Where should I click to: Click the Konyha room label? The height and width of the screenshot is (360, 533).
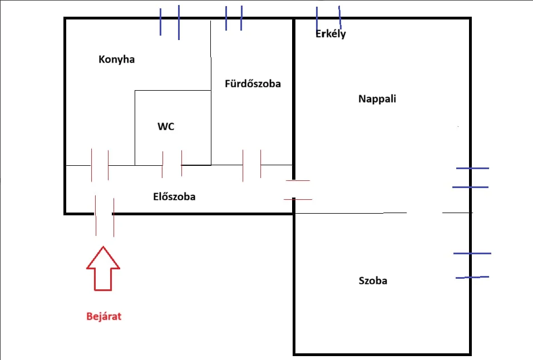tap(117, 60)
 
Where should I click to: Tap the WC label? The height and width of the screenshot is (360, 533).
tap(166, 126)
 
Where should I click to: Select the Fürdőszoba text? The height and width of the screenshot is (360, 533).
tap(253, 83)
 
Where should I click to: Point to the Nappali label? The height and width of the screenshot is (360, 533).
tap(377, 99)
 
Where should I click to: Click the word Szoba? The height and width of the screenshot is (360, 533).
tap(373, 280)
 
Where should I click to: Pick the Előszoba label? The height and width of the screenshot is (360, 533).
tap(174, 196)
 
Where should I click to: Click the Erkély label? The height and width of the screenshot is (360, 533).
tap(330, 33)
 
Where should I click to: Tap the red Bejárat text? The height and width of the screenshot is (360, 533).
tap(103, 316)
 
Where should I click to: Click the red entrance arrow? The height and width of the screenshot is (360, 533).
tap(103, 269)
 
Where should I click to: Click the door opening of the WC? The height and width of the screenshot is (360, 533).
tap(172, 165)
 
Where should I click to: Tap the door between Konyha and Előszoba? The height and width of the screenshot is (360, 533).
tap(100, 165)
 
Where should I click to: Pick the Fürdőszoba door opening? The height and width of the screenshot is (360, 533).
tap(252, 165)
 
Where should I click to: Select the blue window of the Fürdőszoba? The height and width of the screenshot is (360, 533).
tap(234, 18)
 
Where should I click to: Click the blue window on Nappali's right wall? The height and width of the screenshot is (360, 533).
tap(471, 178)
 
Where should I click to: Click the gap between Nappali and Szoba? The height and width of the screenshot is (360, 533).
tap(425, 213)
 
